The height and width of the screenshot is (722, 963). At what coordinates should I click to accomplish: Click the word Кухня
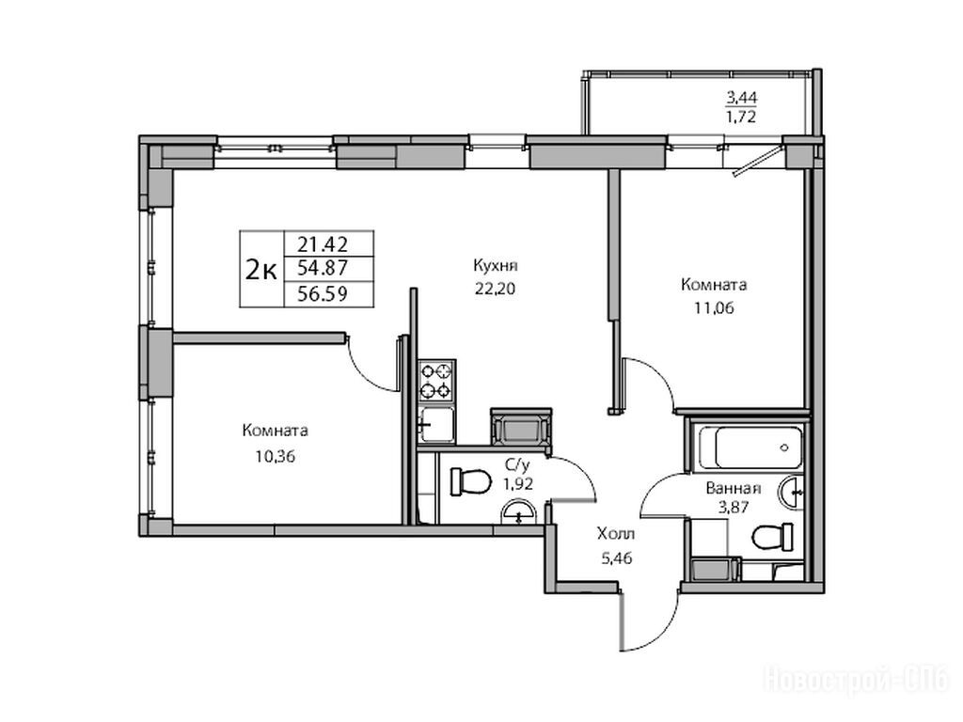click(x=495, y=266)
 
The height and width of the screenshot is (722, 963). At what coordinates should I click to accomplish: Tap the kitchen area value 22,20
click(x=495, y=289)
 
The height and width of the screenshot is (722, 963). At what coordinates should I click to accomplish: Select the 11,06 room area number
click(x=714, y=308)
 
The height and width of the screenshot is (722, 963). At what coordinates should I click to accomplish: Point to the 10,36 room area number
click(x=276, y=456)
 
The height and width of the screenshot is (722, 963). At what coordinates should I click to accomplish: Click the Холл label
click(x=616, y=534)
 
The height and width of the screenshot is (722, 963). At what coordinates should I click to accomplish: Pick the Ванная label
click(x=734, y=489)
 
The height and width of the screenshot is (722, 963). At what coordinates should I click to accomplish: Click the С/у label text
click(x=518, y=464)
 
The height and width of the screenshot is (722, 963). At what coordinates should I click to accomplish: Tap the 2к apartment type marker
click(x=261, y=269)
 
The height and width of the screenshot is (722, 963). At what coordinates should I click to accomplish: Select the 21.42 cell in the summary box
click(x=323, y=244)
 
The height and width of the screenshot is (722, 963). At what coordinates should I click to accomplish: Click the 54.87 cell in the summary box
click(x=323, y=268)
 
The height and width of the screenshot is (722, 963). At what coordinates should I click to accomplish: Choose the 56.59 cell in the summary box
click(x=323, y=293)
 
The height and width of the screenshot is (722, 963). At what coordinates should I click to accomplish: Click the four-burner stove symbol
click(x=436, y=381)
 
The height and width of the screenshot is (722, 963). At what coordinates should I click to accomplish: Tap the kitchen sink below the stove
click(x=436, y=425)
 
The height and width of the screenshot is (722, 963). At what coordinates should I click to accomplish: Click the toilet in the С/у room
click(x=470, y=481)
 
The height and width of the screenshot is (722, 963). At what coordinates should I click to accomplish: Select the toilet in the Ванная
click(x=773, y=538)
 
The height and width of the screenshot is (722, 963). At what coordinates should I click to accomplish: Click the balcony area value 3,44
click(x=741, y=97)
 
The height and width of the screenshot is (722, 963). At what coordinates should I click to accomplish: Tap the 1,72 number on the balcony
click(x=741, y=117)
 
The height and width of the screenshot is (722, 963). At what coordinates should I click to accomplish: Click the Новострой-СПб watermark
click(x=856, y=681)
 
